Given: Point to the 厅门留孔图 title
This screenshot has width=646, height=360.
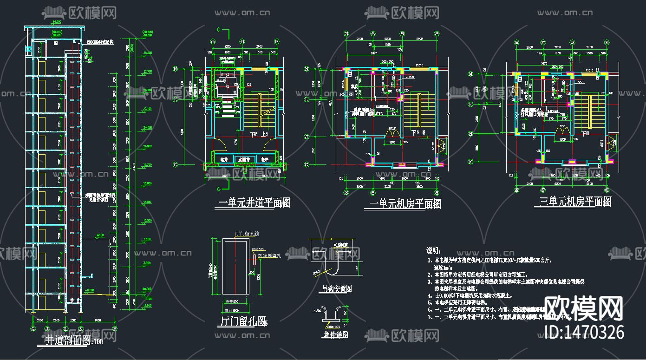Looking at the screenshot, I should pyautogui.click(x=241, y=322).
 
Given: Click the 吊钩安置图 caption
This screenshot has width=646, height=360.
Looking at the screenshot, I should pyautogui.click(x=337, y=289).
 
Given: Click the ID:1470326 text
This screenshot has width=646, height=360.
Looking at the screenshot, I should pyautogui.click(x=584, y=332).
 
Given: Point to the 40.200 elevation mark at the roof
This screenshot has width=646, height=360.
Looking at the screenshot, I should pyautogui.click(x=58, y=22).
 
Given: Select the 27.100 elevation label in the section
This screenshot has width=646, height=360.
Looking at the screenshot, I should pyautogui.click(x=148, y=108).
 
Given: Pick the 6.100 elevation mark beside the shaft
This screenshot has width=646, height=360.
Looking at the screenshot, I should pyautogui.click(x=99, y=235).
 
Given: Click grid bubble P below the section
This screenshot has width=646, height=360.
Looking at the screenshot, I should pyautogui.click(x=114, y=328).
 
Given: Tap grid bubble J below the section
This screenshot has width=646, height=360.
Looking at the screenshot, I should pyautogui.click(x=47, y=328).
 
